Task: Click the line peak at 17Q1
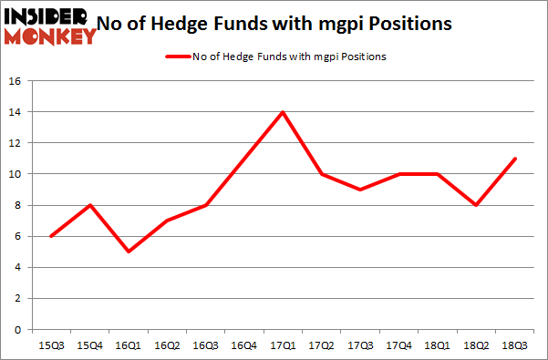(x=284, y=112)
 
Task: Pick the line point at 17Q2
(x=323, y=174)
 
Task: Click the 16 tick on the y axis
(x=15, y=81)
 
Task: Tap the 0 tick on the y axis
(x=18, y=329)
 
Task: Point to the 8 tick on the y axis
(x=18, y=205)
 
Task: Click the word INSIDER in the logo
(x=46, y=16)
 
